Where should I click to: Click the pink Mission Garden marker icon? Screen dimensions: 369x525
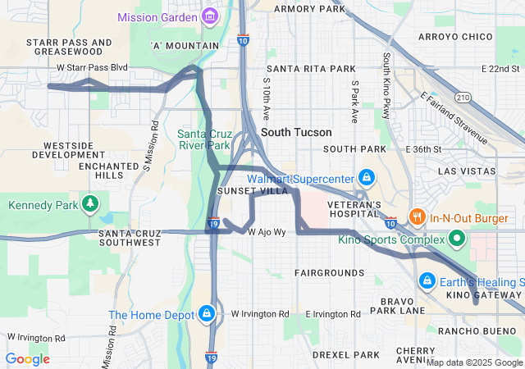click(x=211, y=16)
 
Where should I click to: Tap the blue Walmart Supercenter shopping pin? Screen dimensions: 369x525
click(x=366, y=178)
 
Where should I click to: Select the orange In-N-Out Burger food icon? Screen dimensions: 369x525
click(x=418, y=217)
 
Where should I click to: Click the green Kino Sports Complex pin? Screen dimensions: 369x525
click(x=457, y=239)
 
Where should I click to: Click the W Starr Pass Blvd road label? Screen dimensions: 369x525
click(x=93, y=67)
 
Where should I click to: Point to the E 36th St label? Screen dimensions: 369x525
click(x=424, y=149)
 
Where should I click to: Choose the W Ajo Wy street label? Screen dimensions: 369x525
click(x=267, y=232)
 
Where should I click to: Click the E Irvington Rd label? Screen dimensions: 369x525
click(x=332, y=314)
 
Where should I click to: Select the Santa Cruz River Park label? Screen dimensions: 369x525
click(x=205, y=139)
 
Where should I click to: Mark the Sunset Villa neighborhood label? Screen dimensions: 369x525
click(x=252, y=190)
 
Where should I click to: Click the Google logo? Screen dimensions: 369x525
click(x=27, y=359)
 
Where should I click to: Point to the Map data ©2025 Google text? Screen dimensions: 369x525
click(x=473, y=362)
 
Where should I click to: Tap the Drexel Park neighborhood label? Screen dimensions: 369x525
click(x=346, y=355)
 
